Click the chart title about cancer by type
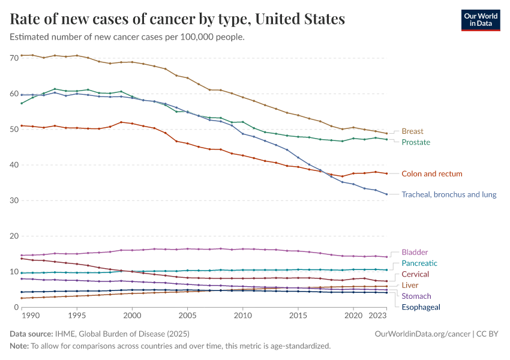(x=178, y=19)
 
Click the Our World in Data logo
(x=480, y=19)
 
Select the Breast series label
(x=412, y=131)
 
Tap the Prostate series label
(x=416, y=142)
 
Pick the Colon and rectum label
(x=432, y=173)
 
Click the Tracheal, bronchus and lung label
(x=449, y=194)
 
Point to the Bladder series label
(x=415, y=252)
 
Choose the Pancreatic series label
(x=419, y=263)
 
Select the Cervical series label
(x=415, y=274)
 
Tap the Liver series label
(x=410, y=285)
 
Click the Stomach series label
(x=416, y=296)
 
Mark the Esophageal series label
(x=421, y=307)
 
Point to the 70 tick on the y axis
(x=14, y=58)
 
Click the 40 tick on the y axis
(x=14, y=165)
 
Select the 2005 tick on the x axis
(x=187, y=315)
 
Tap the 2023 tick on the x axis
(x=377, y=315)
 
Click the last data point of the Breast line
(x=386, y=133)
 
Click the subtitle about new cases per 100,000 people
(x=127, y=37)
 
